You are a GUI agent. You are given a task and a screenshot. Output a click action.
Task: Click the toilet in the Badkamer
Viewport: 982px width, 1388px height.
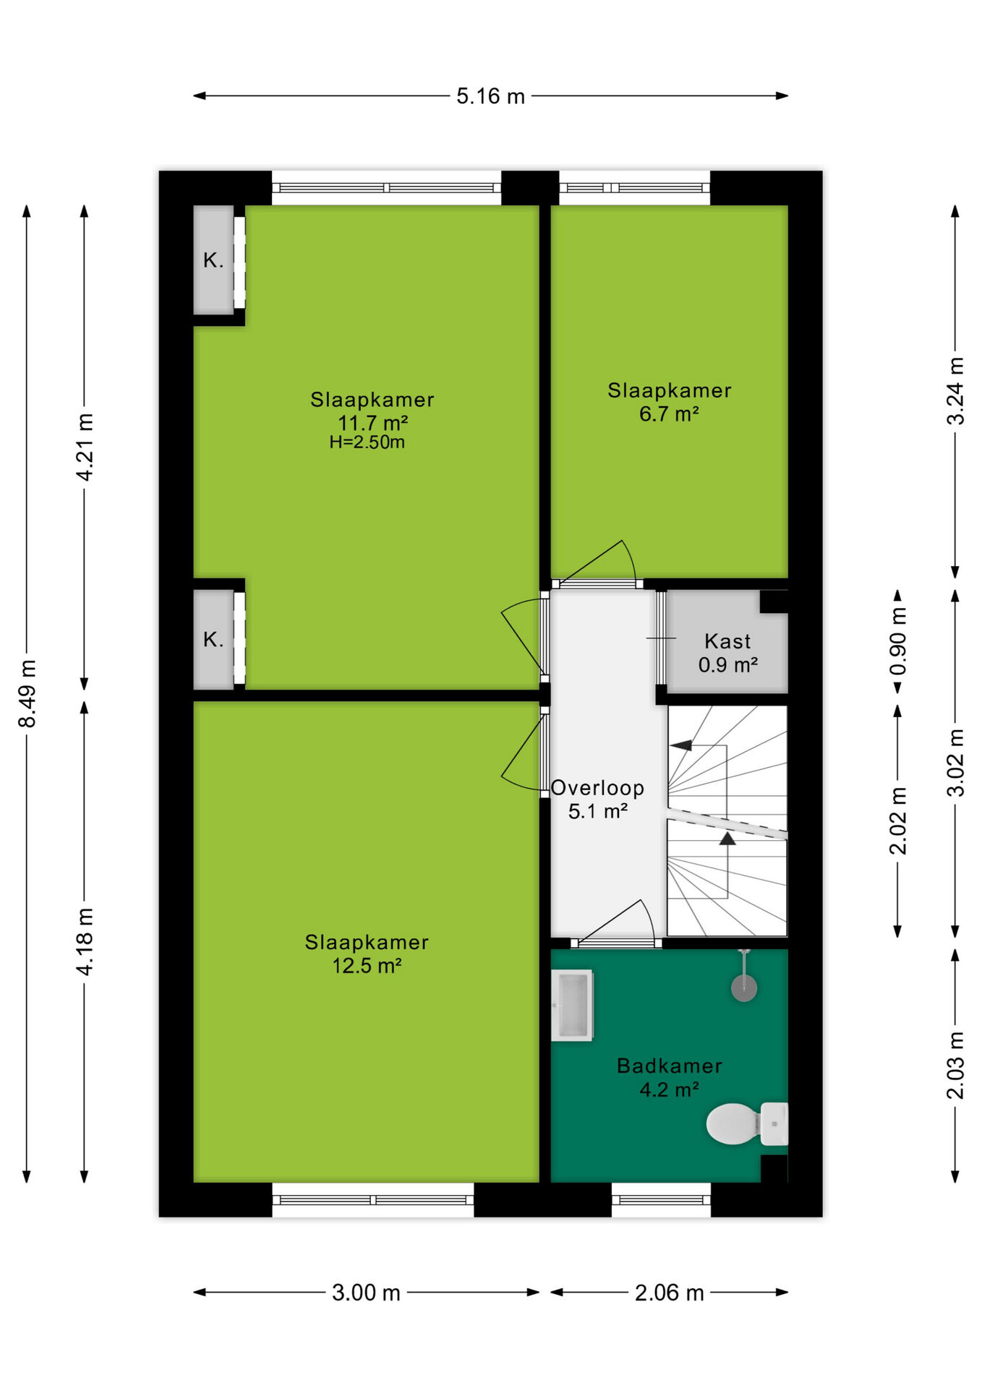click(x=747, y=1123)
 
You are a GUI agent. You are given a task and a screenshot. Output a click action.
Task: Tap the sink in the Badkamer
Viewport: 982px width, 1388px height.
click(x=572, y=1005)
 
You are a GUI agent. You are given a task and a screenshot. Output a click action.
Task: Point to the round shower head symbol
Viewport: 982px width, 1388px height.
click(x=744, y=988)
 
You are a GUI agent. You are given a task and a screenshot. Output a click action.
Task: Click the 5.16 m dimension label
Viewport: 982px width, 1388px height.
click(x=490, y=96)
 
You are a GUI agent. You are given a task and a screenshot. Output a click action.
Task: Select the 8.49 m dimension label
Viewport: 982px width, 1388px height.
click(x=27, y=693)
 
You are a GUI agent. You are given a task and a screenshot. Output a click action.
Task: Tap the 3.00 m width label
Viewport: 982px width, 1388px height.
click(x=366, y=1292)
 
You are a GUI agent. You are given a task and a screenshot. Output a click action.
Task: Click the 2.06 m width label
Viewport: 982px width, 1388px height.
click(x=669, y=1292)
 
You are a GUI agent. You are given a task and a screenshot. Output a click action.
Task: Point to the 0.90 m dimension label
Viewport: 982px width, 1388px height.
click(x=897, y=641)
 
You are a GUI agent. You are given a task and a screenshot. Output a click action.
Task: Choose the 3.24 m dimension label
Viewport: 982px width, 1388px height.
click(x=955, y=391)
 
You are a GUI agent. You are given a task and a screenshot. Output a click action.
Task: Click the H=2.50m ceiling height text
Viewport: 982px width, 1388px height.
click(x=367, y=442)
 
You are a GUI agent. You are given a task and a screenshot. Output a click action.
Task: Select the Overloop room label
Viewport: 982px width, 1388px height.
click(x=597, y=788)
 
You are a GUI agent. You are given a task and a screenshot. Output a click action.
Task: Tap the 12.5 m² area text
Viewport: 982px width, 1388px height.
click(x=367, y=966)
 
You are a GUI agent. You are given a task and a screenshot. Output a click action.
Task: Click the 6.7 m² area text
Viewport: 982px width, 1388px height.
click(x=669, y=414)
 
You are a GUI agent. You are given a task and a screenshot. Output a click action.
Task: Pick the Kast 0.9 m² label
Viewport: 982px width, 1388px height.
click(x=727, y=653)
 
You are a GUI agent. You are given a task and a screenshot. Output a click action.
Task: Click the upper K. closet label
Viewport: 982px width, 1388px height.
click(x=213, y=260)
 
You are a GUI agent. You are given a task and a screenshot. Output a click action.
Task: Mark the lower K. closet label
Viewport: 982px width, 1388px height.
click(x=213, y=639)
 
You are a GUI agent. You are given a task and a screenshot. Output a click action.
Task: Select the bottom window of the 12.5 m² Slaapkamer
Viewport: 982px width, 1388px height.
click(x=373, y=1200)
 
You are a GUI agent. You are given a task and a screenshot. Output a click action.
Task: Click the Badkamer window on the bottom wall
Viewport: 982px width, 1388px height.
click(x=661, y=1200)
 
